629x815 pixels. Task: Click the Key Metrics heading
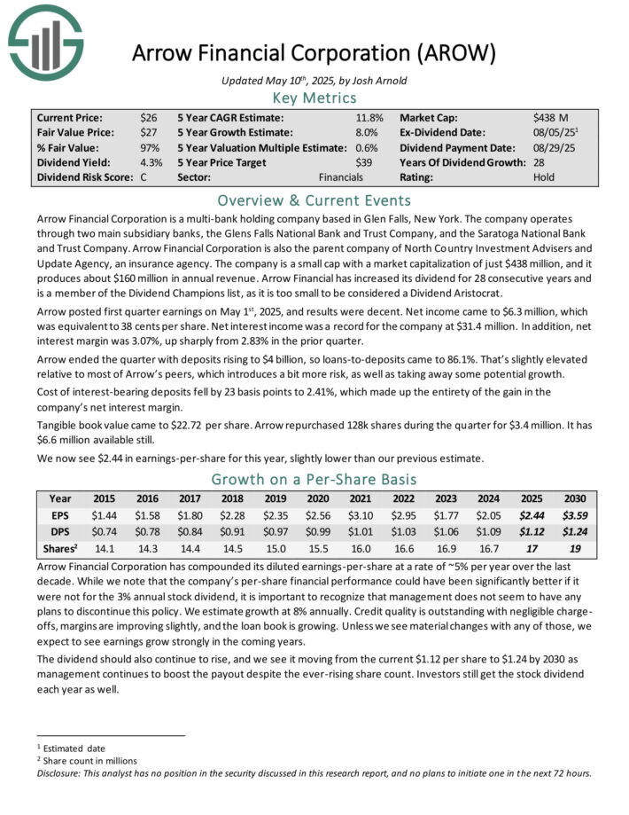point(314,98)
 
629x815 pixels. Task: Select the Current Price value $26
point(149,117)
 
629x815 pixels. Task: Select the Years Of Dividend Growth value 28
point(541,162)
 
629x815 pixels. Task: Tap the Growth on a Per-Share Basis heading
point(314,479)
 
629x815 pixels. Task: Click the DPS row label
point(61,529)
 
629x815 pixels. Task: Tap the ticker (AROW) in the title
point(457,53)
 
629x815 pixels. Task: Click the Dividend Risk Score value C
point(144,177)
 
